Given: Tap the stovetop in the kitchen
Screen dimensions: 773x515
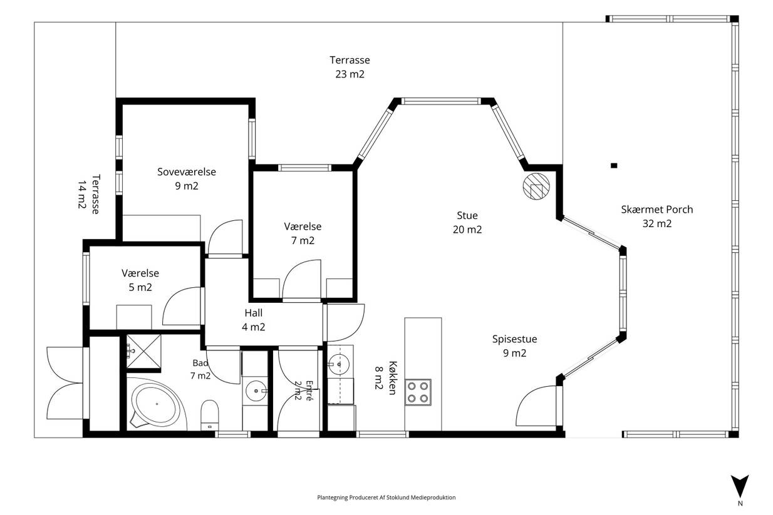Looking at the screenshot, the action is [x=418, y=392].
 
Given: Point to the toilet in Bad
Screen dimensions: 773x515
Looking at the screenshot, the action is [x=210, y=415].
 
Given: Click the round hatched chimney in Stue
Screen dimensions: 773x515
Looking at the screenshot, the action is [x=536, y=186].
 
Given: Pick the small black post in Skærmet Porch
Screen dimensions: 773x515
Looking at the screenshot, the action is [x=613, y=165].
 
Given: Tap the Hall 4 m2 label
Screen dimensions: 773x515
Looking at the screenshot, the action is [x=254, y=320].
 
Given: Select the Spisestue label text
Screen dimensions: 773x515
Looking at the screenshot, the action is [x=514, y=339].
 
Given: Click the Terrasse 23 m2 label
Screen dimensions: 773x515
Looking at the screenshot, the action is [x=350, y=67].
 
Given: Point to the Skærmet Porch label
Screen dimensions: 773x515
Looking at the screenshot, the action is [x=657, y=209].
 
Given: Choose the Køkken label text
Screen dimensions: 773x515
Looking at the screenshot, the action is [x=393, y=378].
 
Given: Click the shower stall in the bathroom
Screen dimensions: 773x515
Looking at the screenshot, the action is [x=143, y=351].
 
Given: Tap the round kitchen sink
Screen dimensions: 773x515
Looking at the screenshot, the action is [x=338, y=364].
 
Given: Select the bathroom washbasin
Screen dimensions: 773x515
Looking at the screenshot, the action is [x=256, y=390].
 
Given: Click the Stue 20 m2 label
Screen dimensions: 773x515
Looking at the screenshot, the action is [x=467, y=222].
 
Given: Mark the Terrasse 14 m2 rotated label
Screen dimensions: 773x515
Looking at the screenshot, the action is [x=88, y=195].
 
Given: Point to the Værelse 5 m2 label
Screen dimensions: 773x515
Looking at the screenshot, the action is [x=140, y=280].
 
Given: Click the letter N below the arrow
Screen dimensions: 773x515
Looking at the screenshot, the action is [x=740, y=503].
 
